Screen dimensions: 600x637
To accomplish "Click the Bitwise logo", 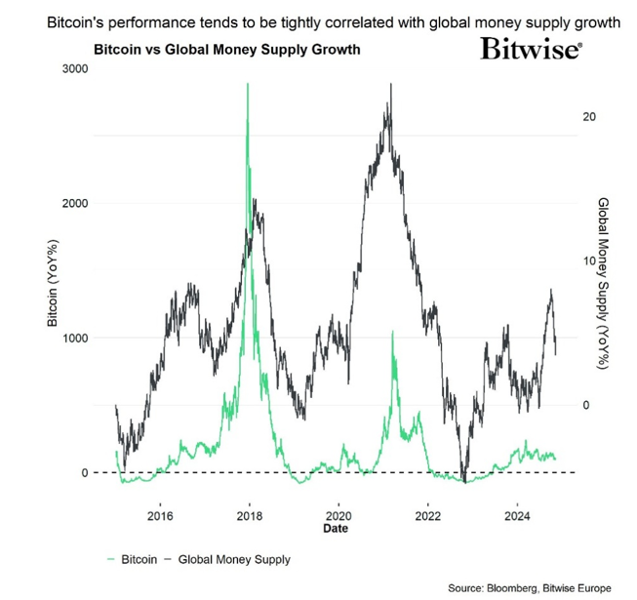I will pyautogui.click(x=531, y=49).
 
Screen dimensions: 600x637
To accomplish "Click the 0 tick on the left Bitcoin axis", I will pyautogui.click(x=85, y=473).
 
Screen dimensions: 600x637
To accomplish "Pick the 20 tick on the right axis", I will pyautogui.click(x=588, y=116).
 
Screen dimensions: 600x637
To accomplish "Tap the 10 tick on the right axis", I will pyautogui.click(x=588, y=261).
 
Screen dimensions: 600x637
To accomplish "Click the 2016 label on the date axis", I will pyautogui.click(x=161, y=516).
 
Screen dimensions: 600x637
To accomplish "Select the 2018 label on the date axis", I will pyautogui.click(x=251, y=516).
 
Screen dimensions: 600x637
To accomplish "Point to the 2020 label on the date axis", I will pyautogui.click(x=339, y=516).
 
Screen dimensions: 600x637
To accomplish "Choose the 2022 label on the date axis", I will pyautogui.click(x=428, y=516).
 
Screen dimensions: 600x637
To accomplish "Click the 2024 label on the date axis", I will pyautogui.click(x=517, y=516).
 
